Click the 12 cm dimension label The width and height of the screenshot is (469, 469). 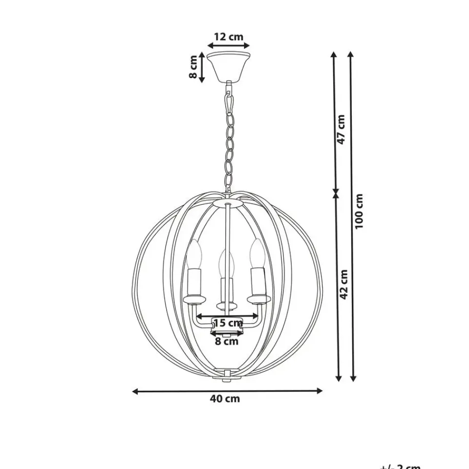point(228,37)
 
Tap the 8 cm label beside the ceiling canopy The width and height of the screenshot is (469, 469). point(193,67)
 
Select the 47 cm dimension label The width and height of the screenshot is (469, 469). point(341,129)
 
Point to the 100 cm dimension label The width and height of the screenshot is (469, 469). point(359,212)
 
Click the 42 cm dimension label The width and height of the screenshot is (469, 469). point(344,285)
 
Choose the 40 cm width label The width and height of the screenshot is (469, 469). point(225,399)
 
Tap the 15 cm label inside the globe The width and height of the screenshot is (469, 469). point(228,322)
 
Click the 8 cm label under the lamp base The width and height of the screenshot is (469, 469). point(227,341)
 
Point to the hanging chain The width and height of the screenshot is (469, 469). point(229,142)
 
